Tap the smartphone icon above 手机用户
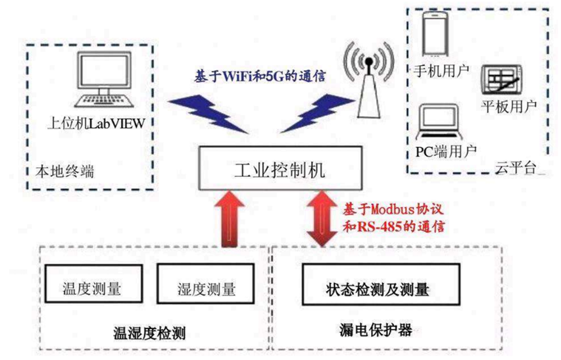click(x=434, y=36)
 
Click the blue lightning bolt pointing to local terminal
click(x=201, y=110)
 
